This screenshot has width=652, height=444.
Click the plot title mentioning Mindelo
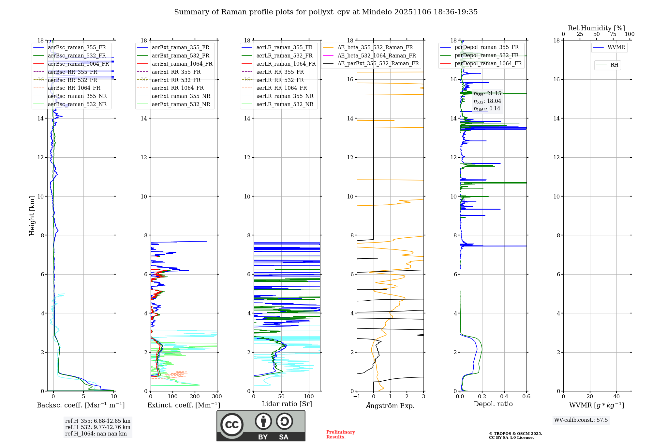pos(326,12)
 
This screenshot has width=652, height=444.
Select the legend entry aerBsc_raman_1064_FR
pos(78,64)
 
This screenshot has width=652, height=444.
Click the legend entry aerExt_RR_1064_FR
pos(178,88)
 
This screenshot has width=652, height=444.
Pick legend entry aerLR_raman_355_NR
pos(285,96)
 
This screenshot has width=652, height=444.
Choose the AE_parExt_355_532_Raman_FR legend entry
pos(378,64)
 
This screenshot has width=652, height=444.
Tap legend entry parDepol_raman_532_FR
pos(486,55)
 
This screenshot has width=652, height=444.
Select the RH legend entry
pos(614,65)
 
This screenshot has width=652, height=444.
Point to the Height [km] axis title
pos(32,215)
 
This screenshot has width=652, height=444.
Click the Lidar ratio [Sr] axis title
pos(287,404)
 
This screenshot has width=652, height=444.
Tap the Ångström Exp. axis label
pos(390,406)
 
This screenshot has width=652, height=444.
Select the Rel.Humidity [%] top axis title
pos(596,28)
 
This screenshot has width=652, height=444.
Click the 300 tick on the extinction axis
pos(217,397)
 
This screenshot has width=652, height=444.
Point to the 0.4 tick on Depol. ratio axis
pos(504,397)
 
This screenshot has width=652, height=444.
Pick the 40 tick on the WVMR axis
pos(616,397)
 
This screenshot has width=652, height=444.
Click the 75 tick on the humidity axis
pos(613,34)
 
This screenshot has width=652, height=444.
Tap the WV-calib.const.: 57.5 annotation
pos(581,420)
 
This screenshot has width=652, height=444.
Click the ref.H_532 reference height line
pos(97,427)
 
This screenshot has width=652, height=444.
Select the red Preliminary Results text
pos(340,435)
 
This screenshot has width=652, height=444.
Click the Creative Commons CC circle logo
pos(232,425)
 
